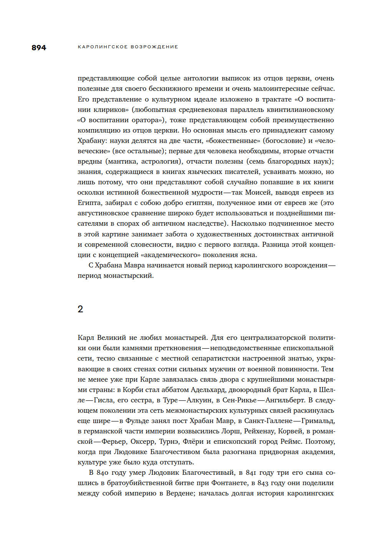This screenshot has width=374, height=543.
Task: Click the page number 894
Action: click(x=39, y=48)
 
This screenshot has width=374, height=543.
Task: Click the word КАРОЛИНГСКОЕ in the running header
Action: click(x=103, y=47)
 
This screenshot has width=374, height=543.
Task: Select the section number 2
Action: click(x=80, y=309)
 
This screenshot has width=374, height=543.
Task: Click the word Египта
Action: click(x=89, y=203)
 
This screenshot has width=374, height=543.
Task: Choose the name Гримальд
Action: click(x=318, y=421)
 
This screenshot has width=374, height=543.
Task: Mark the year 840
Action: click(x=102, y=472)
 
